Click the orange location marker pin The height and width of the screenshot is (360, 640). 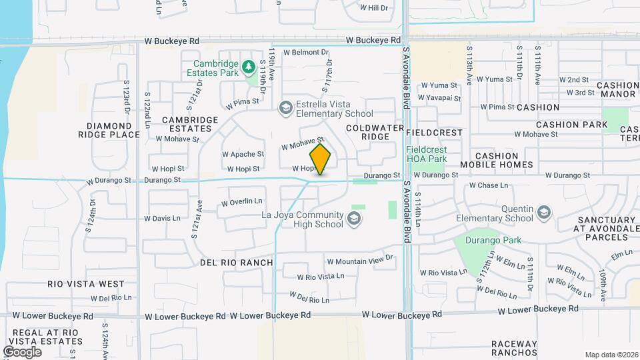320,159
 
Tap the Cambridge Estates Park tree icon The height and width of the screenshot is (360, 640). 249,66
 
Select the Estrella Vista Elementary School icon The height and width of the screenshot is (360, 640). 285,107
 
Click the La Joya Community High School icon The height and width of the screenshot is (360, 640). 353,219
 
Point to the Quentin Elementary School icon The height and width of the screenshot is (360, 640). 544,213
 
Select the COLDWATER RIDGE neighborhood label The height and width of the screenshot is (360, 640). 375,131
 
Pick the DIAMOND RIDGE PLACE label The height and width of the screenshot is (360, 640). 109,130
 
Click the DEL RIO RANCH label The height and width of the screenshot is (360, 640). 237,263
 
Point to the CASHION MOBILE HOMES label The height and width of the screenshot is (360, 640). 496,159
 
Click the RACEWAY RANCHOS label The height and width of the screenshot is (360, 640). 514,348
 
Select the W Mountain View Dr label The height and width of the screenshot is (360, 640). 360,261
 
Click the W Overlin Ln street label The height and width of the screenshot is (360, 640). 242,201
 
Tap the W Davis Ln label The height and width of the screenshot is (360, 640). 162,218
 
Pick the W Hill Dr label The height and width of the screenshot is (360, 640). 373,8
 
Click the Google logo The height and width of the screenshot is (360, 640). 22,351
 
